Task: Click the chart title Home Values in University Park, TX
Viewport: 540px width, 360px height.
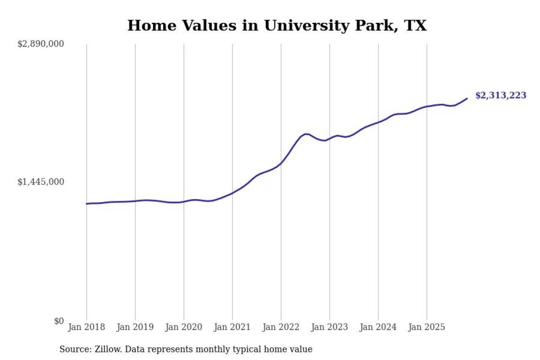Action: [x=277, y=26]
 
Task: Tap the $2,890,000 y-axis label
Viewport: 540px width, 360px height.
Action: [x=40, y=44]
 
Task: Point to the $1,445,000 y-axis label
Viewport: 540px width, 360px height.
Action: [x=40, y=182]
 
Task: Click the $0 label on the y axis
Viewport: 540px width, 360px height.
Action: [x=59, y=321]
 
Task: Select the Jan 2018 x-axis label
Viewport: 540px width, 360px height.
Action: [x=86, y=328]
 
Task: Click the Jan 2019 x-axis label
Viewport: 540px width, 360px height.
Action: [x=135, y=328]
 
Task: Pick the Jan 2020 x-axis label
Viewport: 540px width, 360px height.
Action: [x=184, y=328]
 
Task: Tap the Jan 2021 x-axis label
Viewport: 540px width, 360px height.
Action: [x=232, y=328]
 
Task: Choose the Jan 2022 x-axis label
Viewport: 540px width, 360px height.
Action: [x=281, y=328]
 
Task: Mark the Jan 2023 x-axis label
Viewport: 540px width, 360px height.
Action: [x=329, y=328]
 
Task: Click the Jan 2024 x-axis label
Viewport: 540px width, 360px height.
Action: [x=378, y=328]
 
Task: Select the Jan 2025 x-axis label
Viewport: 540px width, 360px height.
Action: [x=427, y=328]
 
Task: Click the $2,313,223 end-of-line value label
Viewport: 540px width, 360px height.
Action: [x=501, y=95]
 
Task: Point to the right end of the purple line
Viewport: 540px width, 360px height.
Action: [x=467, y=98]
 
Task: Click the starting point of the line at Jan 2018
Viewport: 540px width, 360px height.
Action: [x=86, y=204]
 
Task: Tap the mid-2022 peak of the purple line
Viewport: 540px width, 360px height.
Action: [x=305, y=134]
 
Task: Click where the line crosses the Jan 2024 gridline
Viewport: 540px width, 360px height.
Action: [x=378, y=122]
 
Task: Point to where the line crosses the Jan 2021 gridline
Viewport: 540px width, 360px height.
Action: [x=232, y=193]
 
